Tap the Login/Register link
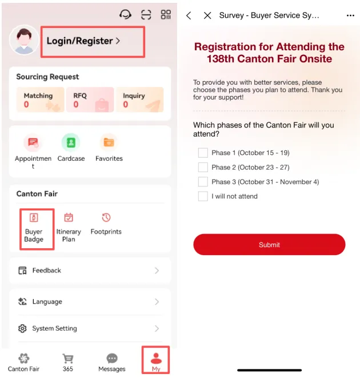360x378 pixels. click(x=83, y=41)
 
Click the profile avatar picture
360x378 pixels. click(x=24, y=40)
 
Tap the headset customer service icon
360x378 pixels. click(x=125, y=14)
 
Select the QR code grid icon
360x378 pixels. click(x=166, y=14)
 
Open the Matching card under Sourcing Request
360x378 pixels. click(x=40, y=100)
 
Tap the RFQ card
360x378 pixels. click(x=90, y=100)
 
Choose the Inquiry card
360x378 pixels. click(x=140, y=100)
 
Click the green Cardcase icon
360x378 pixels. click(x=71, y=142)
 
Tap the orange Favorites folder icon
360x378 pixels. click(x=109, y=142)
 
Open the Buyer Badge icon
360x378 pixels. click(x=34, y=217)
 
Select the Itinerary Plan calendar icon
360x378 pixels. click(x=69, y=217)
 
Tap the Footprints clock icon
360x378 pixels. click(x=106, y=217)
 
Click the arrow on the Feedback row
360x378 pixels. click(x=157, y=270)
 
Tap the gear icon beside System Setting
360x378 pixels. click(x=22, y=328)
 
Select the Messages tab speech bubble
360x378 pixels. click(x=112, y=359)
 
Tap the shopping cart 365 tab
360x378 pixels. click(x=68, y=359)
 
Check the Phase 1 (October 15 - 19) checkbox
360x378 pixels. click(x=203, y=153)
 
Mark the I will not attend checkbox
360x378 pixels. click(x=203, y=196)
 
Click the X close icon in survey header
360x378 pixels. click(x=207, y=15)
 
